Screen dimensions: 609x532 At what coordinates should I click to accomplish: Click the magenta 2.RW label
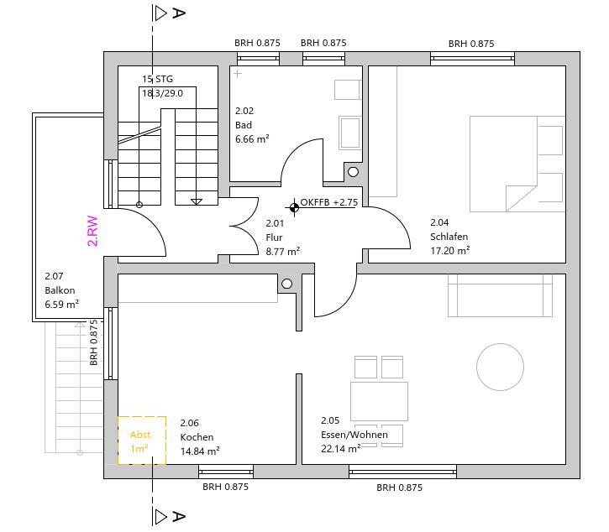click(x=93, y=231)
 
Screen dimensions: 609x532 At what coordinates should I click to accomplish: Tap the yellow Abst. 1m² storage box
click(x=142, y=441)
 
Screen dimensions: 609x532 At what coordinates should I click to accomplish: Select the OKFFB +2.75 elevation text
click(x=329, y=202)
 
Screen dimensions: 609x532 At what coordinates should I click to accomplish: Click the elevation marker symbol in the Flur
click(x=294, y=207)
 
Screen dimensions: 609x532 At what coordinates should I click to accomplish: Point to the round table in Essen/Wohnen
click(x=501, y=367)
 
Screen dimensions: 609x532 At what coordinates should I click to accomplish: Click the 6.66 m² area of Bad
click(x=252, y=139)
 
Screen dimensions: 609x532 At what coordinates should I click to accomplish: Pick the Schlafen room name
click(x=449, y=237)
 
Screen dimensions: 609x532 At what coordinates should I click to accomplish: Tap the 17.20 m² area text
click(x=449, y=251)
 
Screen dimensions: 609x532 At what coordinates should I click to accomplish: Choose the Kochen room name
click(x=197, y=437)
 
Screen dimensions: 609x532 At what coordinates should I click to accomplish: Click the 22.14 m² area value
click(x=341, y=449)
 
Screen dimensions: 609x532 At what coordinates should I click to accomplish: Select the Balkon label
click(x=60, y=290)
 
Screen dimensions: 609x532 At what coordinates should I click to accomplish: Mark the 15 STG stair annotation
click(x=157, y=79)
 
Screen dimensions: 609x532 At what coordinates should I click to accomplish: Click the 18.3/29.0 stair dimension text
click(x=162, y=93)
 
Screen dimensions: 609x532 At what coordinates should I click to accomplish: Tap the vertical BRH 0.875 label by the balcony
click(x=93, y=342)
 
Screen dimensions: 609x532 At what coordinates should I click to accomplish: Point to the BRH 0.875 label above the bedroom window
click(x=471, y=44)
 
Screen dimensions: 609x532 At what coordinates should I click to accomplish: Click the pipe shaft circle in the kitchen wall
click(x=286, y=284)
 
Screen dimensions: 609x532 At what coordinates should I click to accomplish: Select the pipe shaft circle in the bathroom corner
click(x=353, y=171)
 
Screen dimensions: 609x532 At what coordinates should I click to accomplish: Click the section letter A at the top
click(x=179, y=13)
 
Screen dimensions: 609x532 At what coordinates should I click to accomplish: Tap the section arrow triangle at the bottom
click(x=160, y=517)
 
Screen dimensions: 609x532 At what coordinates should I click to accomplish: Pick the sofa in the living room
click(x=501, y=295)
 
